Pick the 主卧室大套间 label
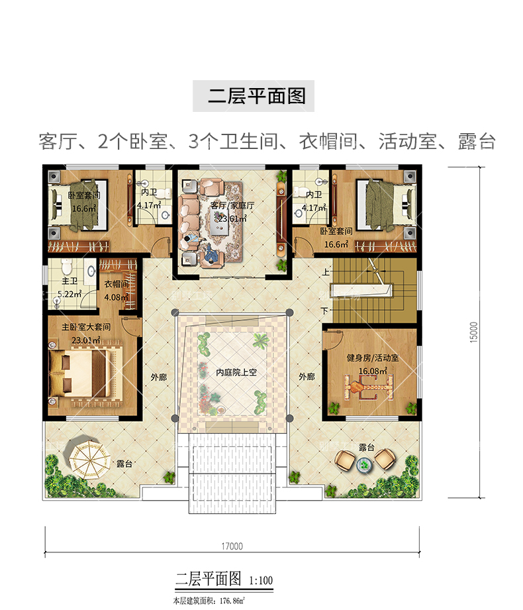pos(86,327)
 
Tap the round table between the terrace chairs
pos(363,466)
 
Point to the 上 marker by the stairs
pos(325,272)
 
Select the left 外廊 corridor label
pos(158,377)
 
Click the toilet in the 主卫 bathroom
pos(66,268)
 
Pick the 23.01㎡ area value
pos(86,339)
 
